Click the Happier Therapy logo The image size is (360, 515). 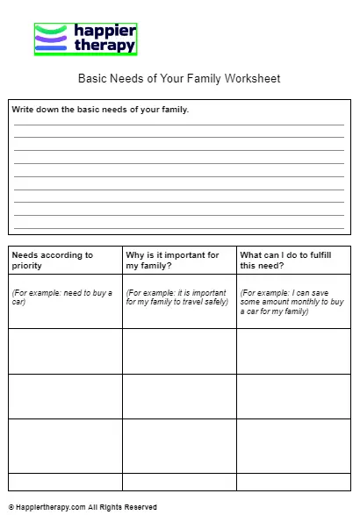(x=86, y=39)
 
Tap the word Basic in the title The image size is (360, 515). (x=93, y=79)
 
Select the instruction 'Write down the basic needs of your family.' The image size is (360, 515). (x=100, y=110)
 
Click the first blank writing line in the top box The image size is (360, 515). (x=179, y=125)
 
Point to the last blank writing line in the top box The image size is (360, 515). (x=179, y=226)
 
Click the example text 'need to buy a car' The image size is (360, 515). (x=61, y=297)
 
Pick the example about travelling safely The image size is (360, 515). (x=176, y=297)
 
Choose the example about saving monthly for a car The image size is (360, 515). (x=292, y=302)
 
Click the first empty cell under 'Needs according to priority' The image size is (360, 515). (x=66, y=351)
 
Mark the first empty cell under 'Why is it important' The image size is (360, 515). (x=179, y=351)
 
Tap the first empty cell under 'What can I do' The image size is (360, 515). (x=293, y=351)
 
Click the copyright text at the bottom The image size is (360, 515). (x=83, y=507)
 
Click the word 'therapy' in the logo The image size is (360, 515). (x=105, y=45)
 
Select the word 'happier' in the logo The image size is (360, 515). (x=105, y=31)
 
